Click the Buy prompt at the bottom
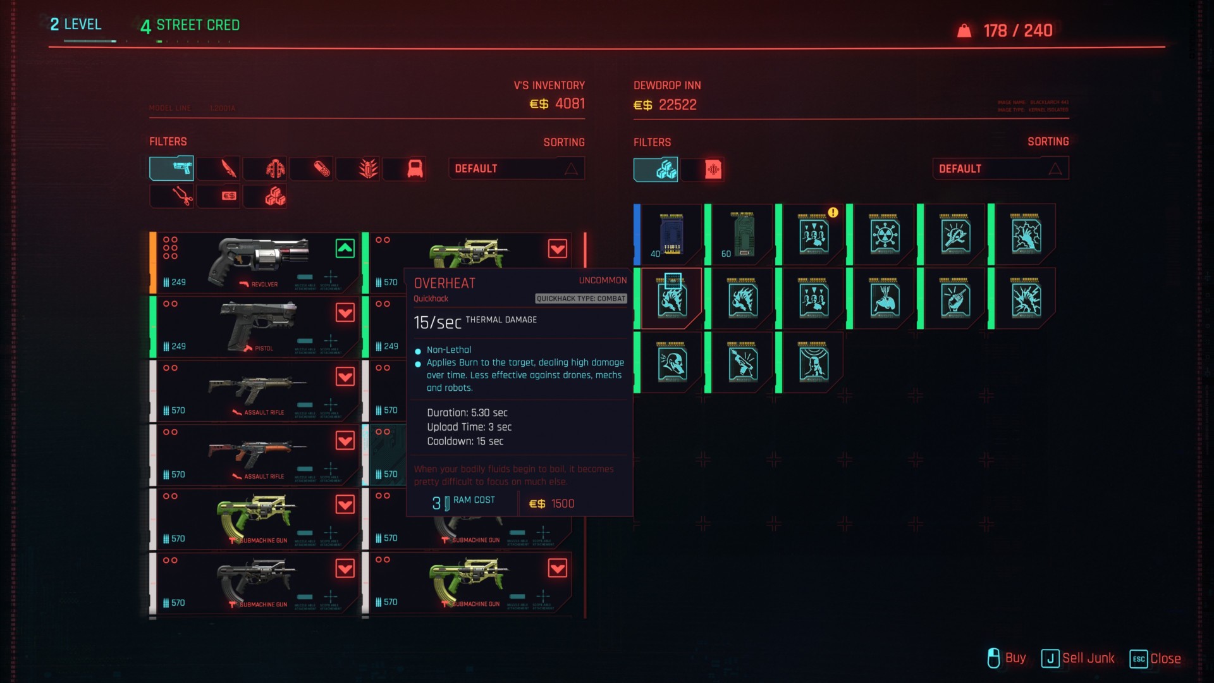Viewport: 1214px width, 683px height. (1007, 658)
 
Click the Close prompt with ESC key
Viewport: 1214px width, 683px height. (1155, 658)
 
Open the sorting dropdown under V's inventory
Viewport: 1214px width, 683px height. (516, 169)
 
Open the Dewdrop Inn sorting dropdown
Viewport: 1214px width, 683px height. (1000, 169)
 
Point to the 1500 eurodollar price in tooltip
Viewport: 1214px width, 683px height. (552, 504)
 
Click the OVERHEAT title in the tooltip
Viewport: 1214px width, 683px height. (445, 283)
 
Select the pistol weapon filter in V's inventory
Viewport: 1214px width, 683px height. (172, 169)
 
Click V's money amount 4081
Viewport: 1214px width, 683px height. (557, 104)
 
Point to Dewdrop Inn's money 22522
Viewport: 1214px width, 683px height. (665, 105)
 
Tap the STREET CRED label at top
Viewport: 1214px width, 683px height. (197, 25)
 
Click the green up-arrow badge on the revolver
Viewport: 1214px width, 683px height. (345, 249)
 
